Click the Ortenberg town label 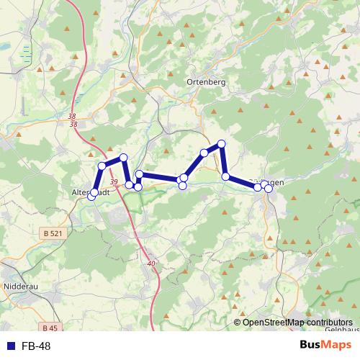point(206,82)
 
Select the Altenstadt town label point(91,193)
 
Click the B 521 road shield point(52,233)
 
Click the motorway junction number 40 point(150,264)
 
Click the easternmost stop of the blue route point(269,189)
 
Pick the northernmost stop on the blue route point(222,144)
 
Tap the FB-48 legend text point(36,347)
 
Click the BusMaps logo point(325,346)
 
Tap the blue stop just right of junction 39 point(130,185)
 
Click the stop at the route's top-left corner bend point(102,166)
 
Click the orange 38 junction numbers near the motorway point(73,120)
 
